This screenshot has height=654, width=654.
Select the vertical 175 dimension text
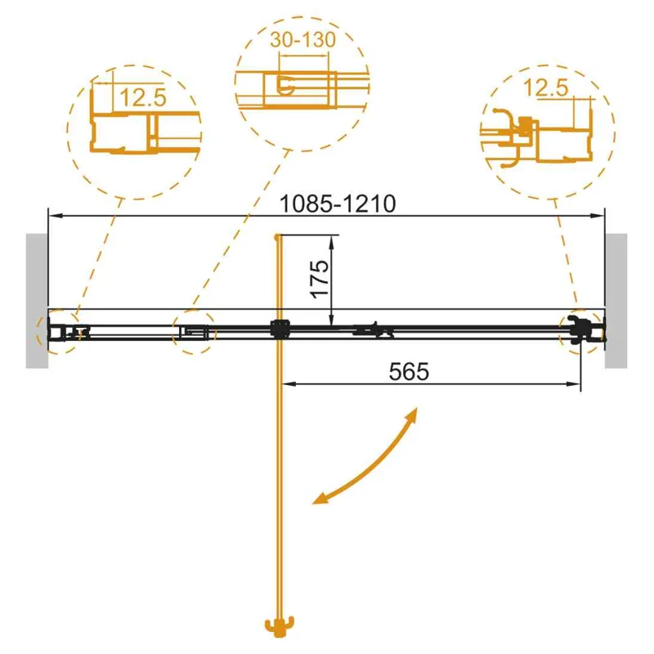(320, 278)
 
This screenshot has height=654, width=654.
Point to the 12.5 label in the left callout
(143, 98)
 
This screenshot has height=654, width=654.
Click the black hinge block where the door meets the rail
(279, 329)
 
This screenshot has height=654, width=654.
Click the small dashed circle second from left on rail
(194, 332)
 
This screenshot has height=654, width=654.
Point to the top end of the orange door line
(279, 237)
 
